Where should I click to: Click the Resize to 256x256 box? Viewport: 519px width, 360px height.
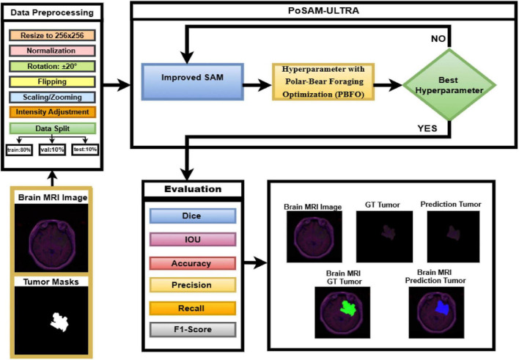point(52,35)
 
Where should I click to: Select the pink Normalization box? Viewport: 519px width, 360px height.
point(52,51)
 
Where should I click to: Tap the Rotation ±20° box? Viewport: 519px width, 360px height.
point(52,66)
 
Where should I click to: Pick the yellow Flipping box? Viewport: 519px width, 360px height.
point(52,81)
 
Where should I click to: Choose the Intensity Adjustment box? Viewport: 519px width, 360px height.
point(53,112)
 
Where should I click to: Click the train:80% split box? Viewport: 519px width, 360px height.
point(19,150)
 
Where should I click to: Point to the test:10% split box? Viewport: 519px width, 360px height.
point(85,150)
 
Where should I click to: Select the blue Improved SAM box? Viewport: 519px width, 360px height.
point(193,82)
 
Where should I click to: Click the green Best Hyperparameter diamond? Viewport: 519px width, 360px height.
point(449,85)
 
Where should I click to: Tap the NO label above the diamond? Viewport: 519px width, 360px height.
point(438,39)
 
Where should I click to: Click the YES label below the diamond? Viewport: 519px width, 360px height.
point(427,128)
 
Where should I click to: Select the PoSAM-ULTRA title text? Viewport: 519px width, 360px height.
point(323,10)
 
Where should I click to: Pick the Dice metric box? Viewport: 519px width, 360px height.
point(193,216)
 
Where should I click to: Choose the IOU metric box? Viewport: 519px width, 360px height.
point(193,240)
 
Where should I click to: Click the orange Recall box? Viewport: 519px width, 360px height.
point(193,309)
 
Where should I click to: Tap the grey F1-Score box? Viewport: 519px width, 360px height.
point(193,329)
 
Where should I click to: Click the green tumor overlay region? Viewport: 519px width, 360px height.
point(347,308)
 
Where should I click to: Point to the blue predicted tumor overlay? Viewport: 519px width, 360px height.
point(442,308)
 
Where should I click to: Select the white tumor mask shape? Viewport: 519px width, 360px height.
point(59,322)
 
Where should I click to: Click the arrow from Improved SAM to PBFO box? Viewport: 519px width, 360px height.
point(257,85)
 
